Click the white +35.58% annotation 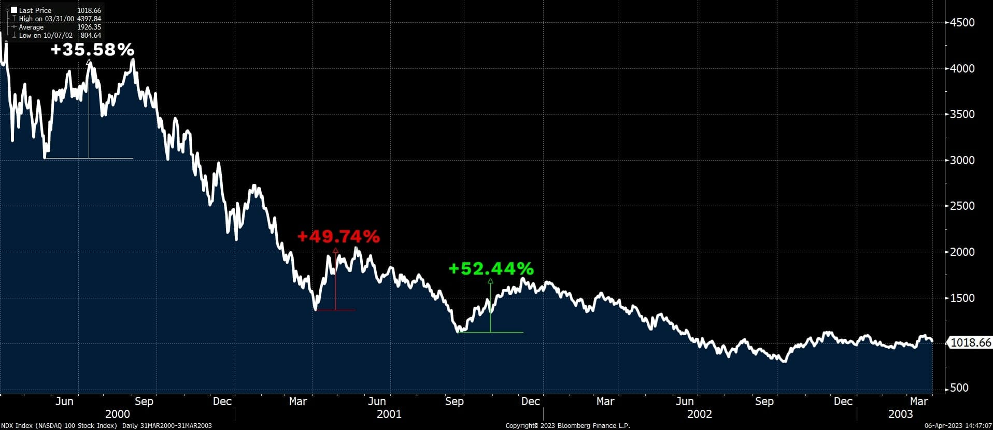[92, 50]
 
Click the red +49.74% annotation [338, 237]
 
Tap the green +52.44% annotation [491, 269]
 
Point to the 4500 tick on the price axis [962, 23]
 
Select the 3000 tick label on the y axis [962, 161]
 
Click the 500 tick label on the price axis [959, 388]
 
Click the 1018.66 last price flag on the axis [970, 342]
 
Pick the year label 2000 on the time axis [118, 414]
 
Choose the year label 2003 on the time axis [900, 414]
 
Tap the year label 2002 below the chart [699, 414]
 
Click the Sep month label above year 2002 [764, 402]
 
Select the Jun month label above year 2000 [64, 402]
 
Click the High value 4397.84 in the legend [89, 19]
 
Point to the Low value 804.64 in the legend [91, 35]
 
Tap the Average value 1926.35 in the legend [89, 27]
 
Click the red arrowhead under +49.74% [335, 251]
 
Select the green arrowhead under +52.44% [490, 281]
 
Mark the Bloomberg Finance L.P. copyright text [568, 426]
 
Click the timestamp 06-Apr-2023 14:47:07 [958, 426]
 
